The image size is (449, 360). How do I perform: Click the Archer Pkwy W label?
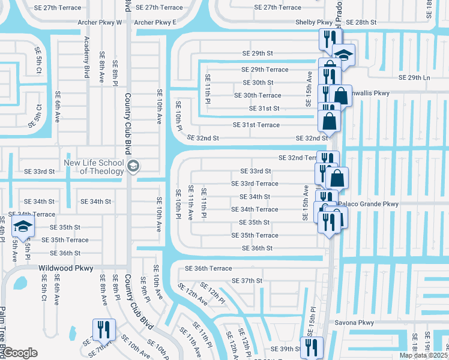(100, 22)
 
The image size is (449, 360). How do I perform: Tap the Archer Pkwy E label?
(155, 22)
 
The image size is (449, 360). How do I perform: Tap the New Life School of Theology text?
(94, 167)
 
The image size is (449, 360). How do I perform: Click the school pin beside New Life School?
(133, 166)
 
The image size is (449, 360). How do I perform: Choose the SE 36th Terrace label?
(208, 268)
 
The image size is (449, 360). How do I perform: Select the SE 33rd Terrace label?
(255, 184)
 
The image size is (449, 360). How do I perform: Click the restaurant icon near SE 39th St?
(312, 346)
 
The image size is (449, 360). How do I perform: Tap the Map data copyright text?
(423, 355)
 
